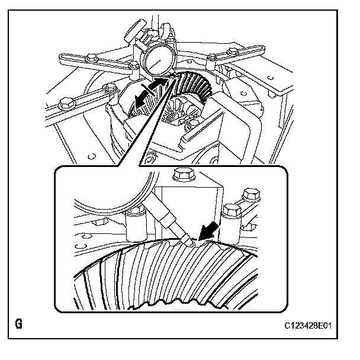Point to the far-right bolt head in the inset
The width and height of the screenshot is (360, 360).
click(251, 195)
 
